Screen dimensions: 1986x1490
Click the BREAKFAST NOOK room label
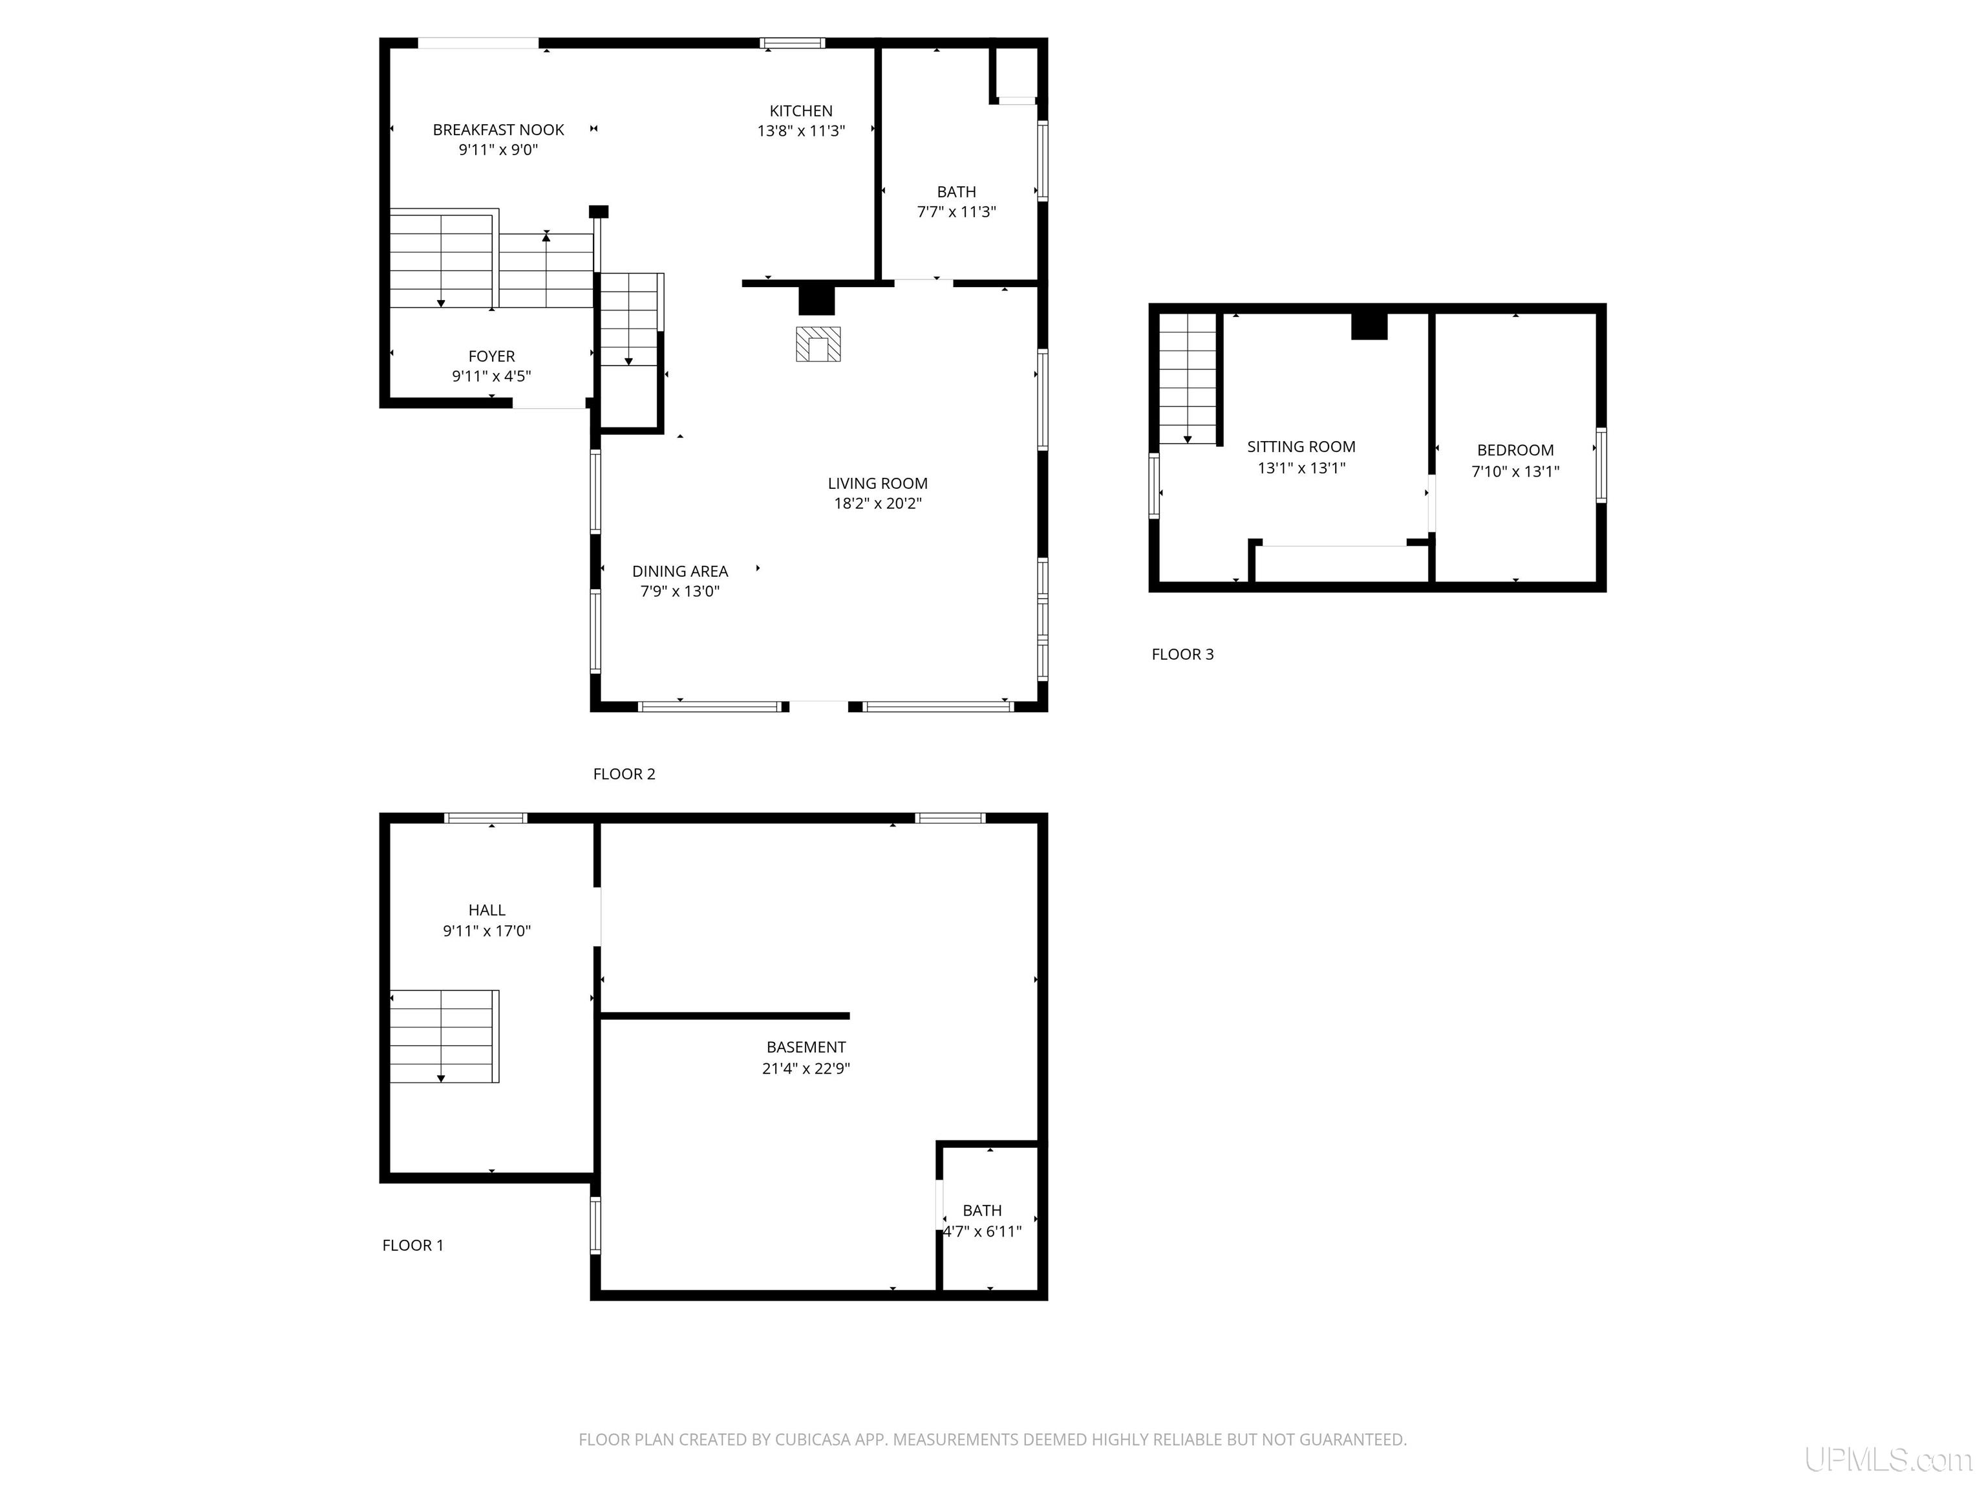pyautogui.click(x=498, y=130)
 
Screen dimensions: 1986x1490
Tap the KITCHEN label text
pyautogui.click(x=801, y=111)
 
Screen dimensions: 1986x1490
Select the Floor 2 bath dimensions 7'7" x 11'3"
pyautogui.click(x=956, y=212)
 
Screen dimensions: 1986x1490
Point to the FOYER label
pyautogui.click(x=491, y=356)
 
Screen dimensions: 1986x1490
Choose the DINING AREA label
pyautogui.click(x=679, y=571)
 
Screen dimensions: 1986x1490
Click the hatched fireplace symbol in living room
pyautogui.click(x=818, y=344)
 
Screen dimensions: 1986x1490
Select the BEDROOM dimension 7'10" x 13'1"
pyautogui.click(x=1515, y=471)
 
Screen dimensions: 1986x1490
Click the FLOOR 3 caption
pyautogui.click(x=1182, y=654)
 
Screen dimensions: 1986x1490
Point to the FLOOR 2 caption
pyautogui.click(x=624, y=774)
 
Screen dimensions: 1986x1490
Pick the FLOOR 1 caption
pyautogui.click(x=413, y=1246)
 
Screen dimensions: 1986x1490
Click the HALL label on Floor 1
pyautogui.click(x=487, y=911)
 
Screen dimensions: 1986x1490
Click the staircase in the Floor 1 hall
pyautogui.click(x=444, y=1037)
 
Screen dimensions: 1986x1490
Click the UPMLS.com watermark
pyautogui.click(x=1888, y=1460)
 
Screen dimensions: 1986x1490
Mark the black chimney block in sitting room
pyautogui.click(x=1369, y=325)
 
